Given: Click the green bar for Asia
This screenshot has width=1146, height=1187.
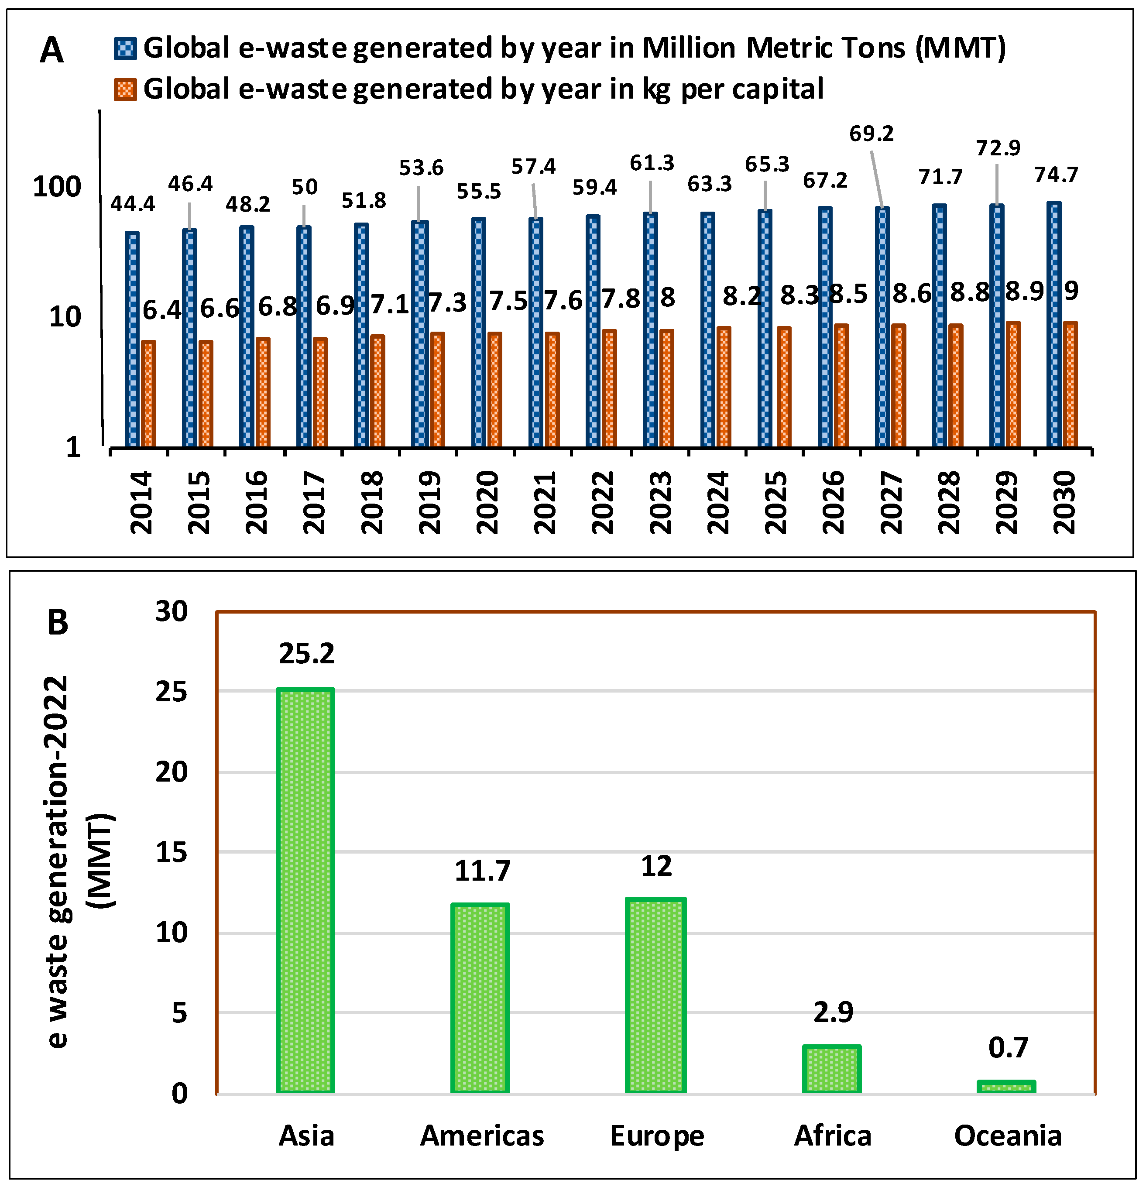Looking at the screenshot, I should click(x=305, y=890).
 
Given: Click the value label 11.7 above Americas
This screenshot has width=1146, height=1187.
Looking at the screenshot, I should click(x=482, y=870).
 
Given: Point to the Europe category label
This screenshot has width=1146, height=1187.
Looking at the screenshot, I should click(x=657, y=1136).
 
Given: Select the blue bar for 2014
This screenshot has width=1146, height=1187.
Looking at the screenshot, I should click(x=132, y=339).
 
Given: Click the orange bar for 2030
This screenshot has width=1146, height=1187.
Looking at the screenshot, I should click(x=1071, y=384).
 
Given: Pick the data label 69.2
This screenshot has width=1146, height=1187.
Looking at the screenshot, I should click(x=871, y=133).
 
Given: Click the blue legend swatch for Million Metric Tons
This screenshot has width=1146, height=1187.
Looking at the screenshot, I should click(x=125, y=48).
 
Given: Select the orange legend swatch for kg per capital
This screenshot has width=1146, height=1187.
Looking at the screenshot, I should click(x=125, y=89).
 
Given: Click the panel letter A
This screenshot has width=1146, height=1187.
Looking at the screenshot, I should click(x=51, y=50).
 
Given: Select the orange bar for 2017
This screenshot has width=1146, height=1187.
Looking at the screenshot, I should click(x=320, y=392).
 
